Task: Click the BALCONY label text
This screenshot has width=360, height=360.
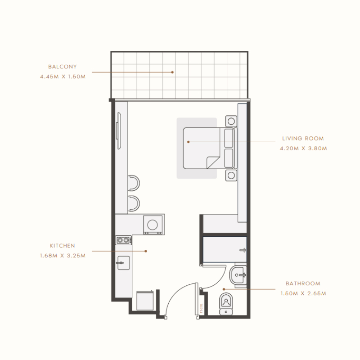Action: pyautogui.click(x=63, y=67)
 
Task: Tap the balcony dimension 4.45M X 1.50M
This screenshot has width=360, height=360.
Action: pyautogui.click(x=63, y=76)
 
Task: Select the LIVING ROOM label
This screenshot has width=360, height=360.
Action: pyautogui.click(x=303, y=139)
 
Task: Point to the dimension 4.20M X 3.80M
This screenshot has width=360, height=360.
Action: pyautogui.click(x=303, y=148)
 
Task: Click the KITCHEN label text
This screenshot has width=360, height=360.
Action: pyautogui.click(x=63, y=246)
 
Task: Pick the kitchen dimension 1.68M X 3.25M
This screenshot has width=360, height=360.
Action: pyautogui.click(x=63, y=256)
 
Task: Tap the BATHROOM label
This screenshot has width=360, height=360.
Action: pyautogui.click(x=303, y=284)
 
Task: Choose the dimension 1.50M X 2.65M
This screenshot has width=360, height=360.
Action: pyautogui.click(x=303, y=293)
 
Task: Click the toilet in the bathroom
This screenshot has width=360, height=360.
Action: pyautogui.click(x=225, y=303)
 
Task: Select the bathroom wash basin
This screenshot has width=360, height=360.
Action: pyautogui.click(x=238, y=274)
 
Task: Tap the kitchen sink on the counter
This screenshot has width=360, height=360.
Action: pyautogui.click(x=123, y=262)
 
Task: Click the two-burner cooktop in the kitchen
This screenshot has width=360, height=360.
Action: pyautogui.click(x=123, y=240)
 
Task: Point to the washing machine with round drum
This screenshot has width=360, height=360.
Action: pyautogui.click(x=153, y=225)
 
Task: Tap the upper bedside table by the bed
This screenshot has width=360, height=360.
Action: pyautogui.click(x=231, y=121)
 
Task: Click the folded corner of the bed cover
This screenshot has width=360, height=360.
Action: pyautogui.click(x=211, y=162)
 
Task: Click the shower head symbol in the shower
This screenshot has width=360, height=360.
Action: pyautogui.click(x=243, y=250)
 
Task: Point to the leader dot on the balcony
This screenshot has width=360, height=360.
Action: pyautogui.click(x=172, y=72)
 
